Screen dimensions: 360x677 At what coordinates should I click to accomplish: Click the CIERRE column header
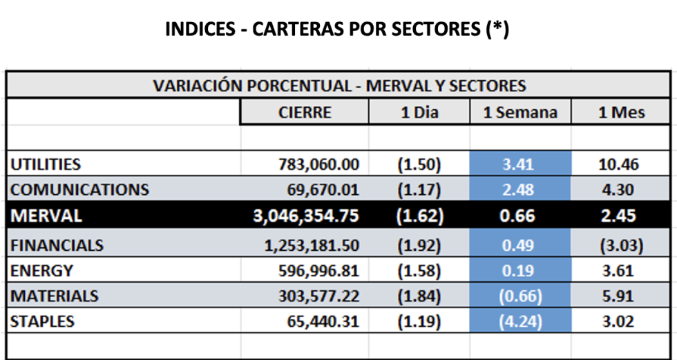pos(305,113)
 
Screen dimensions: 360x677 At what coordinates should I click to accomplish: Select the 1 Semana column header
pos(519,113)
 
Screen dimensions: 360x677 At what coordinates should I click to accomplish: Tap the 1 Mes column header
pos(621,113)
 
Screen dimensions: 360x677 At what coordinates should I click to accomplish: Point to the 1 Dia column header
pos(419,113)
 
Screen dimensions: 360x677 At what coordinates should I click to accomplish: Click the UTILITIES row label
pos(46,164)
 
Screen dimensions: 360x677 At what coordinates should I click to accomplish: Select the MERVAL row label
pos(46,216)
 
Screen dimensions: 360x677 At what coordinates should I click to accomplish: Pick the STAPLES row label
pos(42,321)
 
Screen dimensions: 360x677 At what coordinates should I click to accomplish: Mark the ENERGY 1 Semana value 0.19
pos(520,270)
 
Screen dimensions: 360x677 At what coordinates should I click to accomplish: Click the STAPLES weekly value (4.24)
pos(520,321)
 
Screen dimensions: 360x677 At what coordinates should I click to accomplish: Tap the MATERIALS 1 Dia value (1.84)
pos(419,296)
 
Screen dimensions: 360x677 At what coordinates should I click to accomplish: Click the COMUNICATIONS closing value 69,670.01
pos(323,189)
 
